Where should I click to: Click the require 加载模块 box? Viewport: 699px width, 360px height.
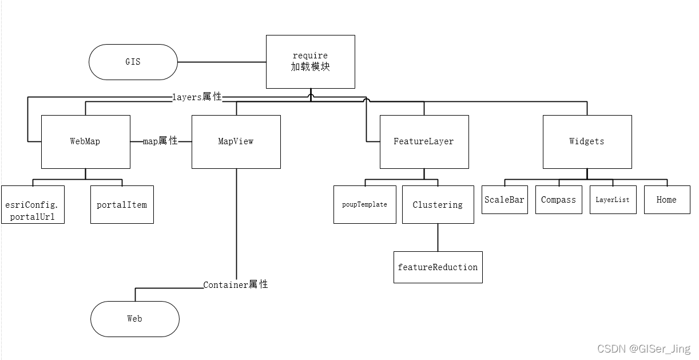tap(310, 62)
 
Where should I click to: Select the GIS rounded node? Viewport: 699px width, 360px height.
tap(133, 62)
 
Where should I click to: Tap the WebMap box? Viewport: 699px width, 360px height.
tap(85, 141)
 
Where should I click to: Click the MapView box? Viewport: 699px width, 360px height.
tap(236, 141)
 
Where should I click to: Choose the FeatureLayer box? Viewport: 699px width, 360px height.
tap(424, 141)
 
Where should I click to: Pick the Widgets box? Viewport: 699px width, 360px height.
tap(587, 141)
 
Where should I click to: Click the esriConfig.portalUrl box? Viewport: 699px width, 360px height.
tap(33, 204)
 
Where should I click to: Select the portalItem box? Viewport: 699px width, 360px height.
tap(122, 204)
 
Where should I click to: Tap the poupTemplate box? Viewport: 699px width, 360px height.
tap(364, 204)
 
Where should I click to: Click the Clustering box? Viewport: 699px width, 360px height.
tap(438, 204)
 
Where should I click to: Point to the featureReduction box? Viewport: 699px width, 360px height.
tap(438, 267)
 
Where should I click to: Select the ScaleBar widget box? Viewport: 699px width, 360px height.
tap(504, 200)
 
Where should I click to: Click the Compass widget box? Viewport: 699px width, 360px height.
tap(558, 200)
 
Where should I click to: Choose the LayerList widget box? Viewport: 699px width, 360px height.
tap(613, 200)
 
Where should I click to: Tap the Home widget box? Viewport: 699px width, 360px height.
tap(666, 200)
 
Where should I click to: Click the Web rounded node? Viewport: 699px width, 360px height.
tap(134, 319)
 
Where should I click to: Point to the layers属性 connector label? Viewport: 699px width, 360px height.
tap(197, 97)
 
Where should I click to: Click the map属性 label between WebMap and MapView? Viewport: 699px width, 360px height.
tap(160, 141)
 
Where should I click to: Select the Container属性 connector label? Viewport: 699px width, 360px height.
tap(236, 284)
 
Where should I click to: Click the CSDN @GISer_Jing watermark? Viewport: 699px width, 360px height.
tap(644, 349)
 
